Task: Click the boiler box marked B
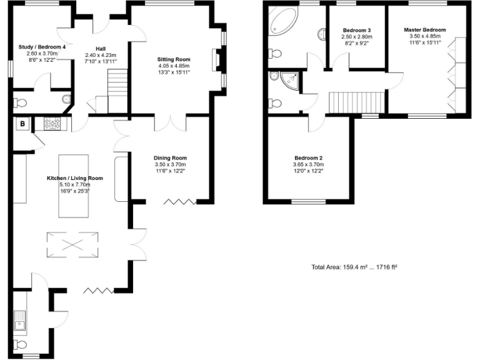point(22,124)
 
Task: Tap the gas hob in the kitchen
point(52,124)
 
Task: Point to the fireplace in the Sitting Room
point(217,61)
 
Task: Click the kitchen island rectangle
point(78,186)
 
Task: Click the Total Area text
point(354,267)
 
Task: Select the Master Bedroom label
point(424,30)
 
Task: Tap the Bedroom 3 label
point(356,31)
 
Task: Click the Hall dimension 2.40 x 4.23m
point(101,55)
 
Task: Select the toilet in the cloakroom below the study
point(21,102)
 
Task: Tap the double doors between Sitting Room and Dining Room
point(170,122)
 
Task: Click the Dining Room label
point(170,158)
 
